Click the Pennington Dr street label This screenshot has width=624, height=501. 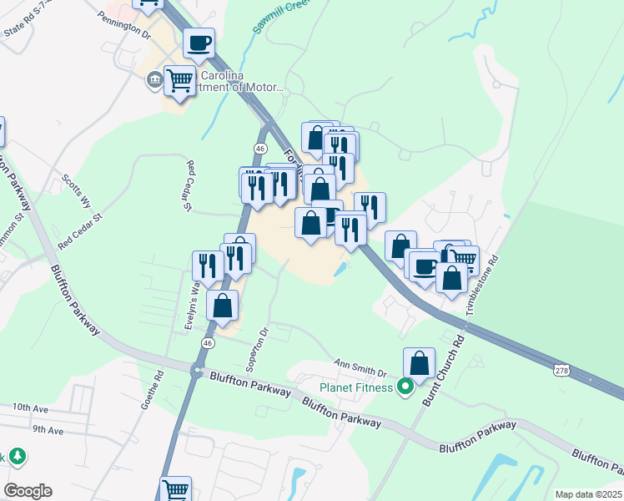[x=123, y=26]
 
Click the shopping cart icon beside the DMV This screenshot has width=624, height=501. [x=179, y=81]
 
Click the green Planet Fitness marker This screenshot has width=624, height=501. [x=405, y=386]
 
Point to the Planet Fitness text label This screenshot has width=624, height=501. [x=355, y=387]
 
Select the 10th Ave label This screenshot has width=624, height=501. [x=32, y=407]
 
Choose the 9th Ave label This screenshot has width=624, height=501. [x=48, y=430]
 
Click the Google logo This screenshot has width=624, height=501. [x=28, y=491]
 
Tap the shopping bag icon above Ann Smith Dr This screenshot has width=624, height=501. [x=419, y=363]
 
